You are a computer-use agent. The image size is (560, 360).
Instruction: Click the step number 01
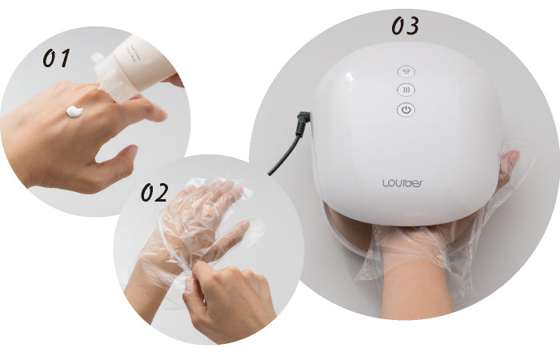(56, 58)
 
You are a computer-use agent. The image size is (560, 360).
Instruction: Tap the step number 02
(155, 193)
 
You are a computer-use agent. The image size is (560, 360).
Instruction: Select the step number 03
(405, 26)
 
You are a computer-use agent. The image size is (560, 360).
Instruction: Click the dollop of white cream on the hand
(74, 112)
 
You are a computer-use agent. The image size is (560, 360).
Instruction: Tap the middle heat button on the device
(406, 91)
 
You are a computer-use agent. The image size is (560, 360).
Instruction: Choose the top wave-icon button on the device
(406, 72)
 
